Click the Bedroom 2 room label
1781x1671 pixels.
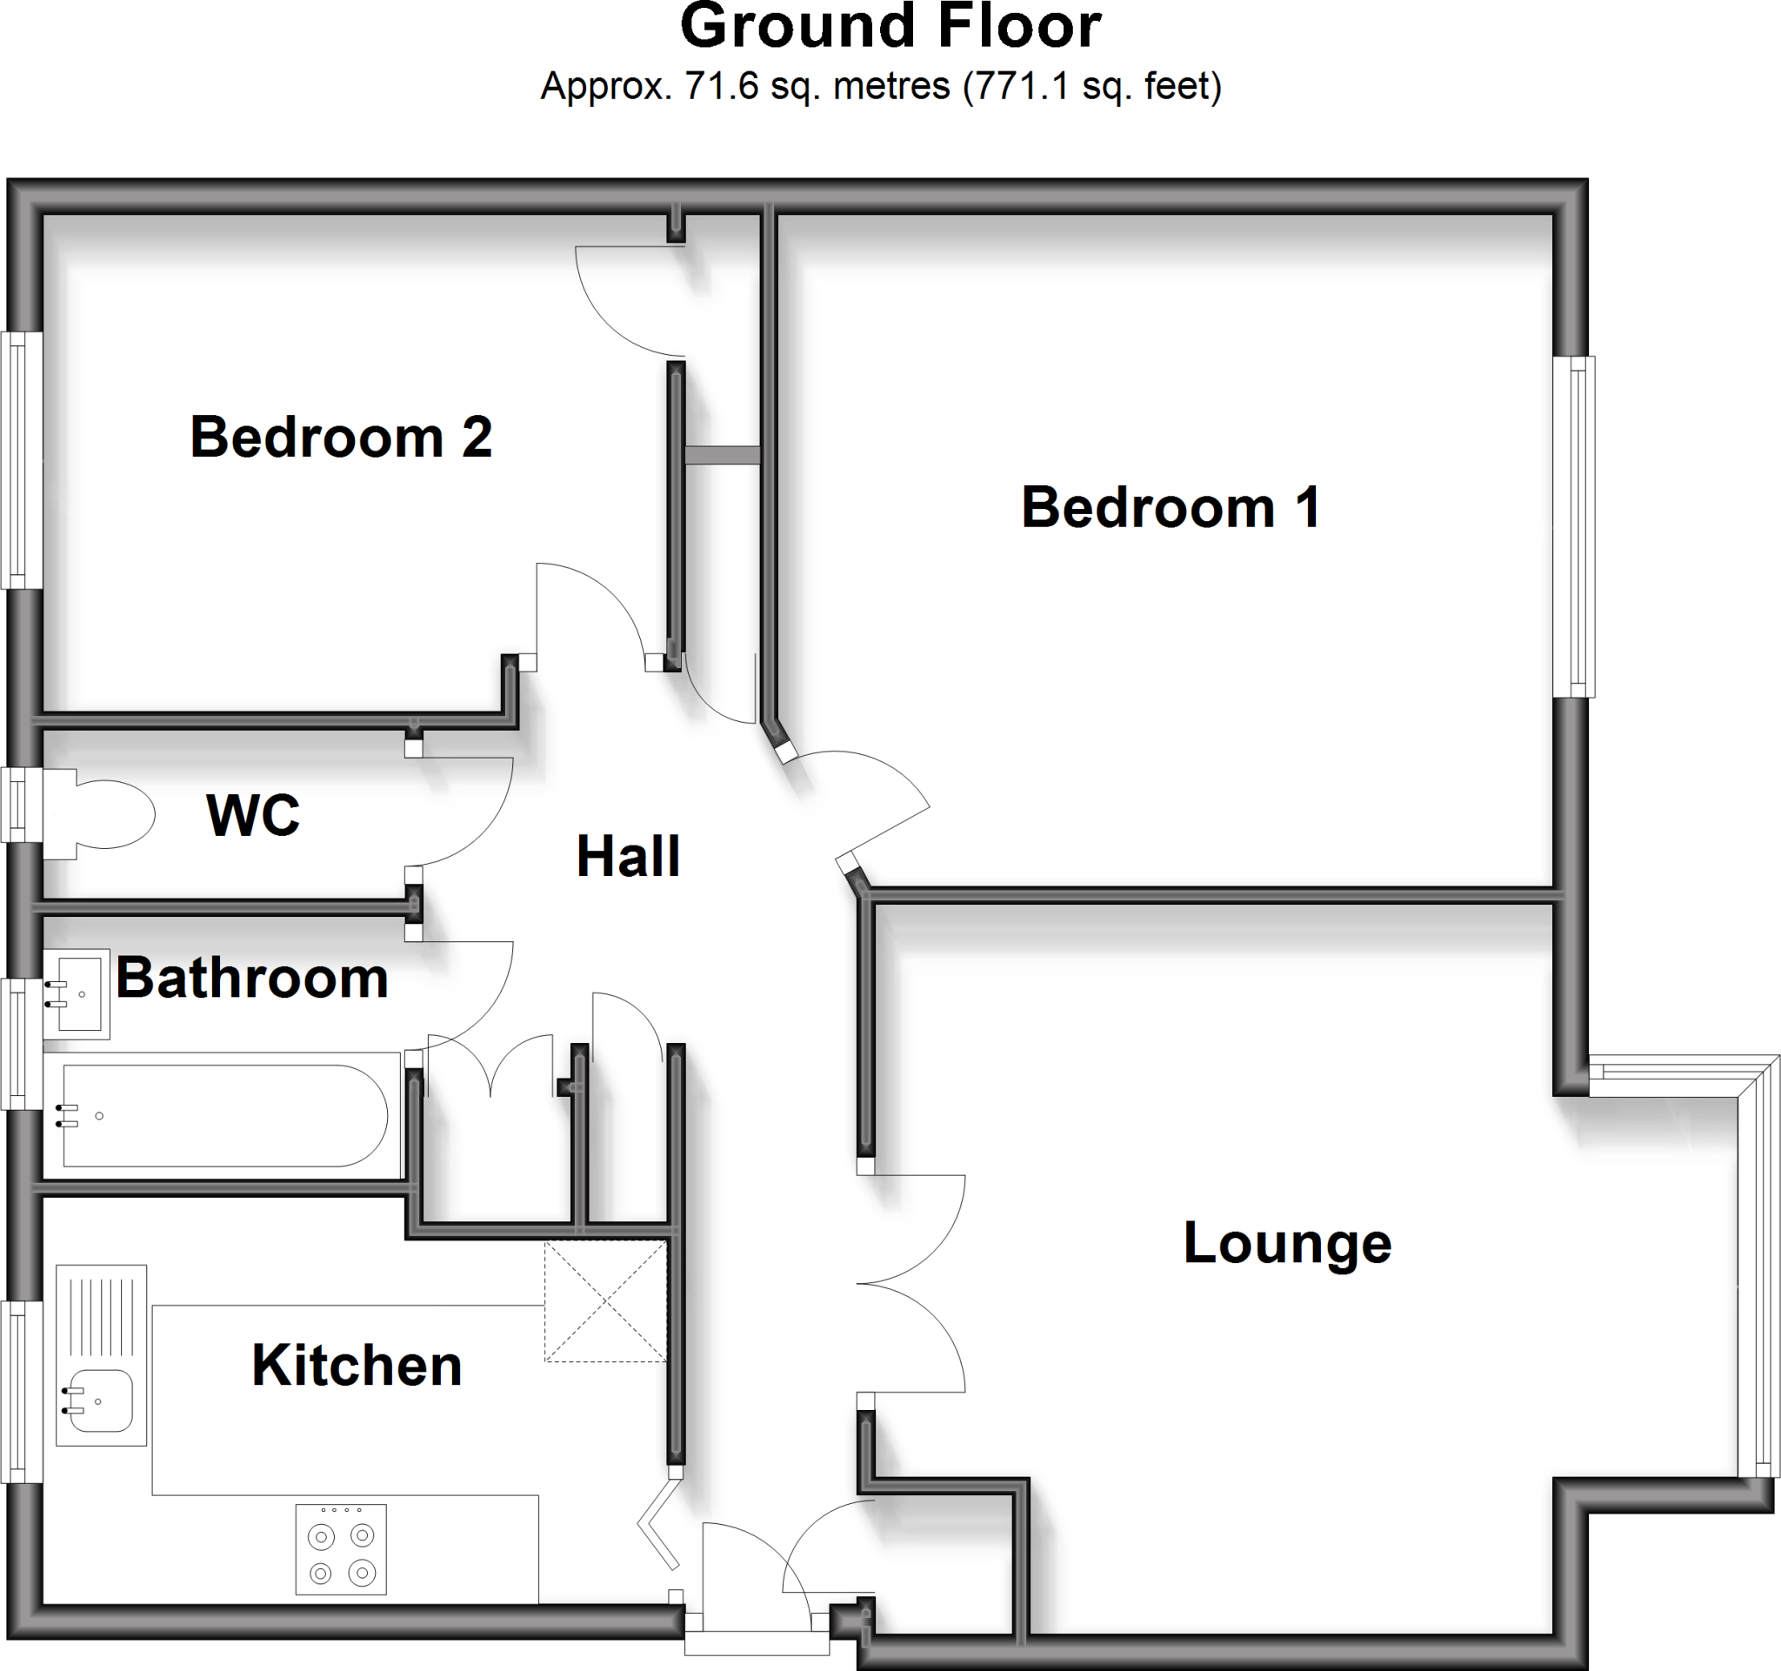click(x=340, y=438)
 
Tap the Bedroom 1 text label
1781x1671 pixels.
click(x=1170, y=507)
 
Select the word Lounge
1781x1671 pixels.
click(x=1286, y=1244)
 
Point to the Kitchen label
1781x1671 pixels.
click(x=357, y=1366)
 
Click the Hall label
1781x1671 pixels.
click(x=628, y=856)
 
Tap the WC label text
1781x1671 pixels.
click(x=253, y=815)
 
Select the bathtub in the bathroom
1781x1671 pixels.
click(x=224, y=1115)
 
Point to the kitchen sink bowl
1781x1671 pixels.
click(x=101, y=1400)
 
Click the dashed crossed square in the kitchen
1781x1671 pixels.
click(x=605, y=1301)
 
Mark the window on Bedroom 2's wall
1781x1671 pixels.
click(x=22, y=460)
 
